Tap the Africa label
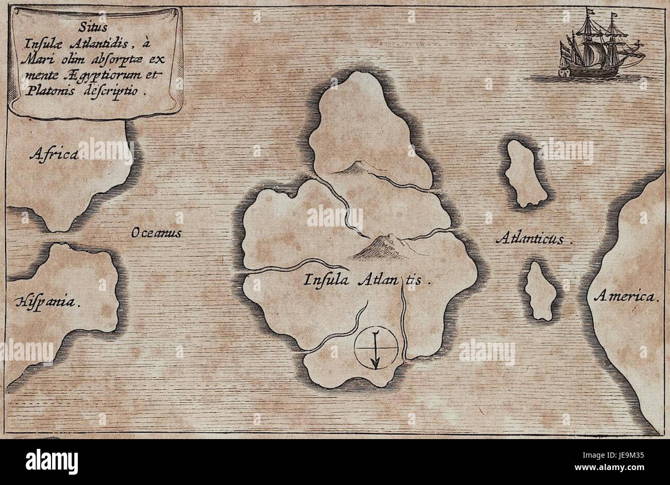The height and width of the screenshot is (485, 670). [54, 154]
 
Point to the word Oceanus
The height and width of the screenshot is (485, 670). [156, 233]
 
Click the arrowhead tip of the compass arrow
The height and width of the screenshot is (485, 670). [377, 367]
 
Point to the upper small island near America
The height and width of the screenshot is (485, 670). [525, 173]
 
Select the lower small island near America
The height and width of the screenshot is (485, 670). [540, 290]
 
